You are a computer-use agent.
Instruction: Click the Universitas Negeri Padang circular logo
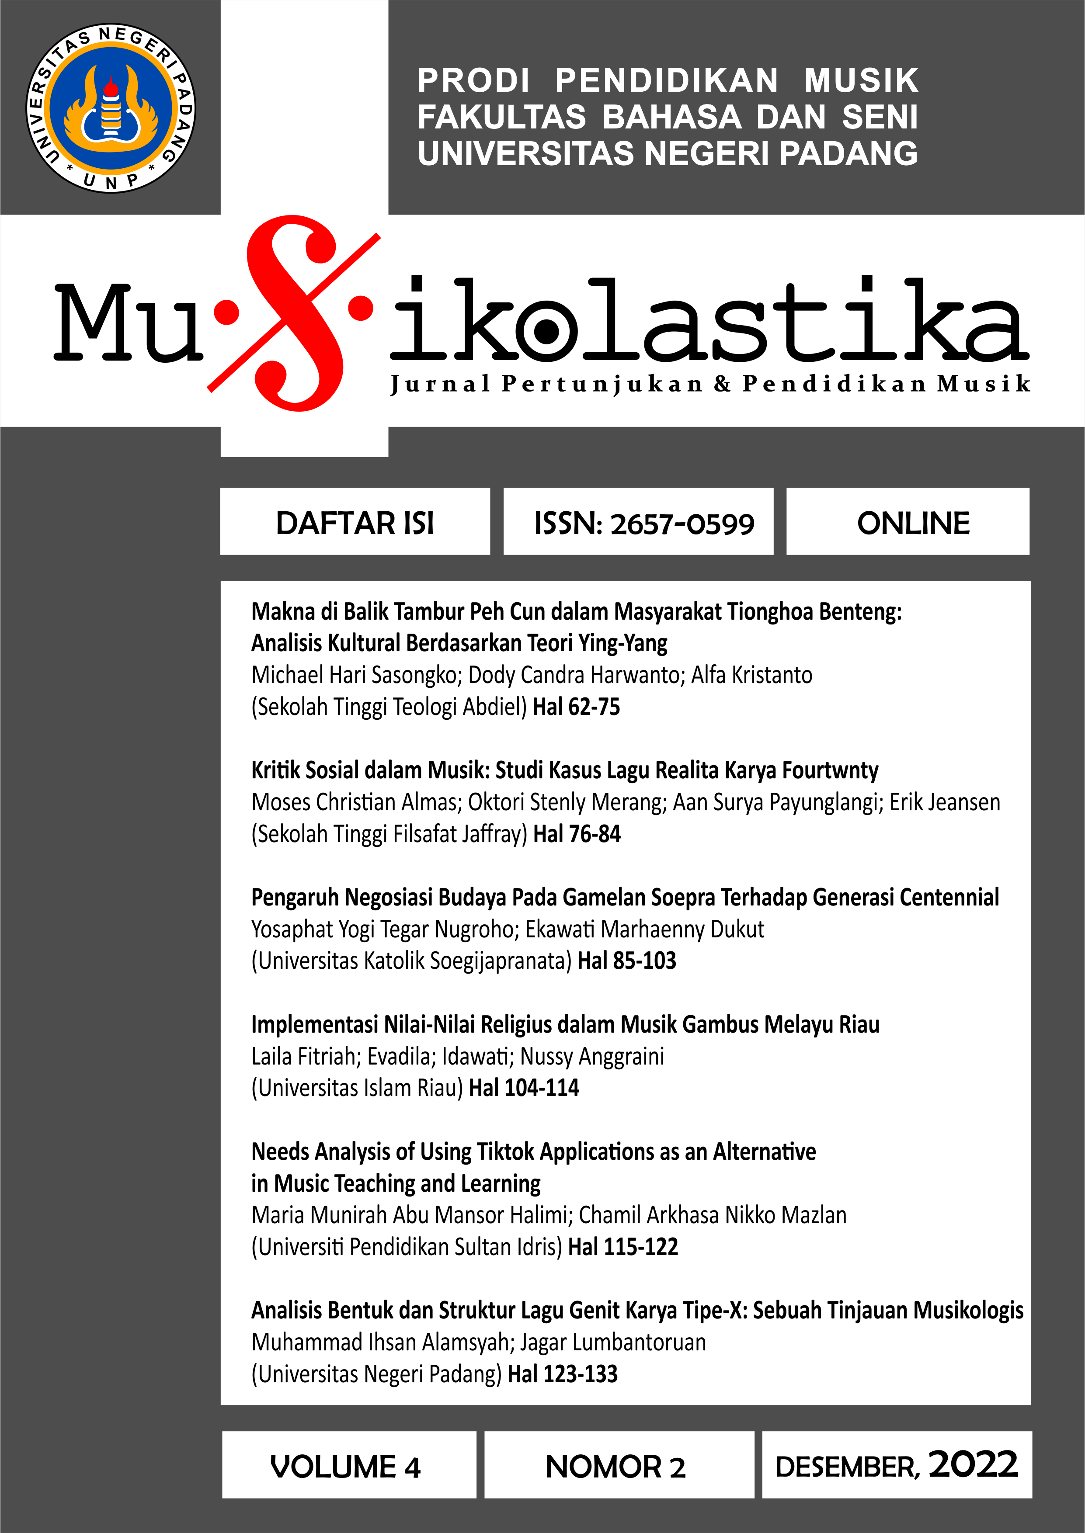(111, 109)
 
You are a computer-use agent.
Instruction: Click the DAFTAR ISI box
(355, 523)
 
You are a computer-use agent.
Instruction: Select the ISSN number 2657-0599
(682, 524)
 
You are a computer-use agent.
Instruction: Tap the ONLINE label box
(913, 523)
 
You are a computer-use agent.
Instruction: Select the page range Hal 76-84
(577, 834)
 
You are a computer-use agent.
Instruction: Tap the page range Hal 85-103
(627, 961)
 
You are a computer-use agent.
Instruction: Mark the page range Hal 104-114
(524, 1088)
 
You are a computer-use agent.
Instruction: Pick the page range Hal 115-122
(622, 1247)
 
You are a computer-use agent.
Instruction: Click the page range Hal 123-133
(563, 1374)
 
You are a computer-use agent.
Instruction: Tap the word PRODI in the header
(474, 81)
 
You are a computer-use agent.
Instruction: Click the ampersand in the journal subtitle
(722, 384)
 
